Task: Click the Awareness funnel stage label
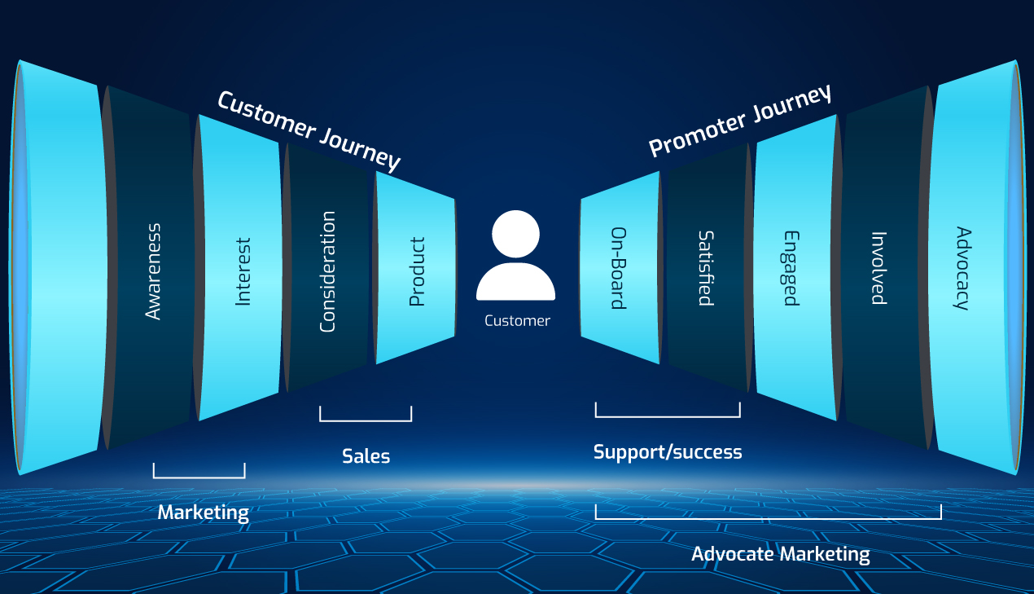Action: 153,271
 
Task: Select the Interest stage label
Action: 243,272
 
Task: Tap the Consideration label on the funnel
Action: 327,271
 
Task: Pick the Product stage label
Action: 417,271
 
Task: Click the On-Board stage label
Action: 619,268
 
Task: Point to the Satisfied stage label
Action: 706,268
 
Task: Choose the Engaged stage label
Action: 791,268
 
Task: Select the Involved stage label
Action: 878,268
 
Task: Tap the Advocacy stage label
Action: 963,268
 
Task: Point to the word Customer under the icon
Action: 517,321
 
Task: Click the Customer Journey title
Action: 309,131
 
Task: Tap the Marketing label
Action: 203,513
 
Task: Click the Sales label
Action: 366,456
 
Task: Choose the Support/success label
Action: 668,451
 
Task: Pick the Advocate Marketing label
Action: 780,555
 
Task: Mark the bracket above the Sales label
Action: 366,420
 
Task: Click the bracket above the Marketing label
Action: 199,476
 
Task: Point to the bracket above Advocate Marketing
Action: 768,517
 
